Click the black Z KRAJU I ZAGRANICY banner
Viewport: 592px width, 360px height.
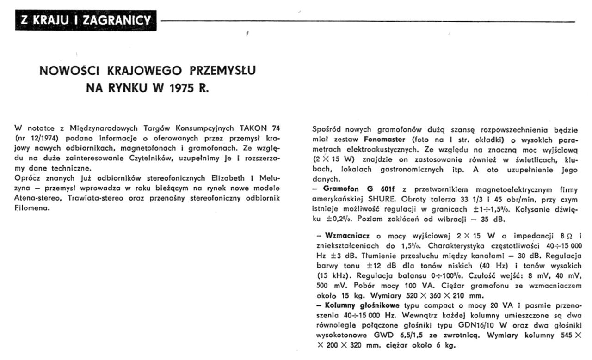point(85,20)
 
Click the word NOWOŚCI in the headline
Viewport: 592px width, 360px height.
point(67,71)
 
